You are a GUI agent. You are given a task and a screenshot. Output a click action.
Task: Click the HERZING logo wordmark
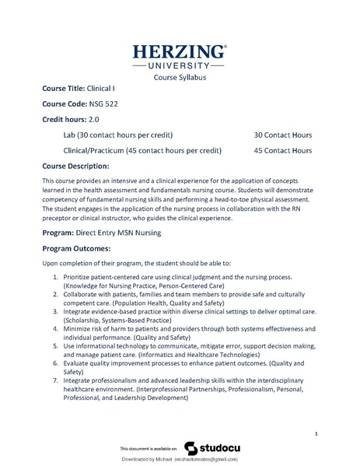(x=180, y=52)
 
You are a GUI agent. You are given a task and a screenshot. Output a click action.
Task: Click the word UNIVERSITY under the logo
(x=180, y=67)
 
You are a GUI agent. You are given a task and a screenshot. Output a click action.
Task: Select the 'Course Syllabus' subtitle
(x=180, y=78)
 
